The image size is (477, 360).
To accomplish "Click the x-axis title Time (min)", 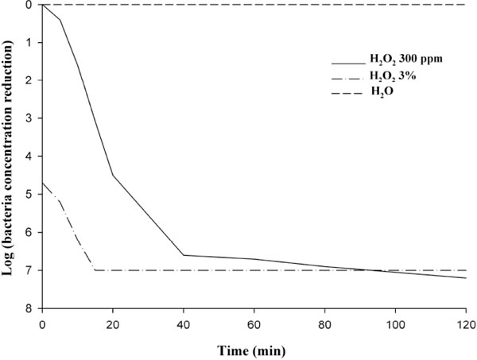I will [x=254, y=348].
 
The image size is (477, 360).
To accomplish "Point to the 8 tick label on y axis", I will [x=29, y=308].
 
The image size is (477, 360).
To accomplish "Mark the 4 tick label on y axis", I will [x=29, y=157].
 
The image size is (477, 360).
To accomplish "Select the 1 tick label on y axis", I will [x=29, y=42].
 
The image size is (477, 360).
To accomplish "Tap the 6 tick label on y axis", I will [x=29, y=233].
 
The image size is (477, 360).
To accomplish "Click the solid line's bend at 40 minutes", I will [x=184, y=255].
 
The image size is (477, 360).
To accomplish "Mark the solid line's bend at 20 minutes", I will [x=113, y=175].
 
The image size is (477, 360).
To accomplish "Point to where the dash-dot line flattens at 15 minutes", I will [x=95, y=270].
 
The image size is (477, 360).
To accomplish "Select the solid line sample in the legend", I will [x=347, y=62].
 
